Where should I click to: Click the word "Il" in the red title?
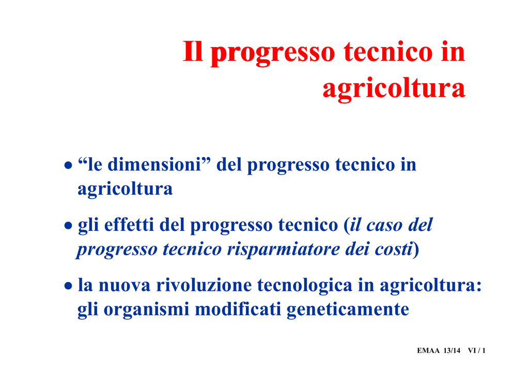[x=193, y=52]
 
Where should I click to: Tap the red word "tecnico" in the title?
[x=388, y=52]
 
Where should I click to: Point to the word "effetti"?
[x=129, y=225]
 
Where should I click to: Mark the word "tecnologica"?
[x=305, y=286]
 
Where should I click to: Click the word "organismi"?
[x=146, y=309]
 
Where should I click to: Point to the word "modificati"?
[x=238, y=309]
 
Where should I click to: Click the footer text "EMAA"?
[x=428, y=351]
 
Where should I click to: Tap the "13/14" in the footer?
[x=452, y=351]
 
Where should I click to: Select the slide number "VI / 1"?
[x=477, y=351]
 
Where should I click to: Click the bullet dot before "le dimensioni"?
[x=69, y=166]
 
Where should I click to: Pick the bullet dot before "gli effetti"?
[x=69, y=226]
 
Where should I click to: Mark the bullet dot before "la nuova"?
[x=69, y=286]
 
